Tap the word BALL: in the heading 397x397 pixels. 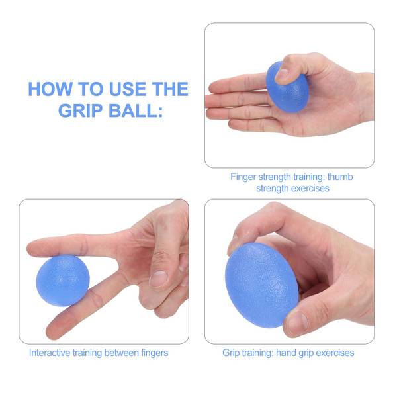click(x=136, y=110)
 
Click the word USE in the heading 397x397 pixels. click(x=127, y=89)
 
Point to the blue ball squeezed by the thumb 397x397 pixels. click(x=287, y=87)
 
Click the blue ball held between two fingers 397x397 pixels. click(x=63, y=281)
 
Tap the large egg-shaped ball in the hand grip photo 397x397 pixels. click(x=261, y=285)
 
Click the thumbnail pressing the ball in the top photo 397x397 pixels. click(x=282, y=75)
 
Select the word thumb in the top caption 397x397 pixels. click(x=340, y=177)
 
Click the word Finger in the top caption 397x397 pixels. click(x=243, y=177)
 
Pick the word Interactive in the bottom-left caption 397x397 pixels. click(x=50, y=353)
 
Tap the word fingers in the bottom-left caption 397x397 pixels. click(x=154, y=353)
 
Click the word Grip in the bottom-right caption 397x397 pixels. click(x=231, y=353)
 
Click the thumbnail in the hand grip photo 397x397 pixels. click(x=298, y=320)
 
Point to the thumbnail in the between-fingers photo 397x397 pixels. click(x=159, y=279)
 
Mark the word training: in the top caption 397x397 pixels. click(x=309, y=177)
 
